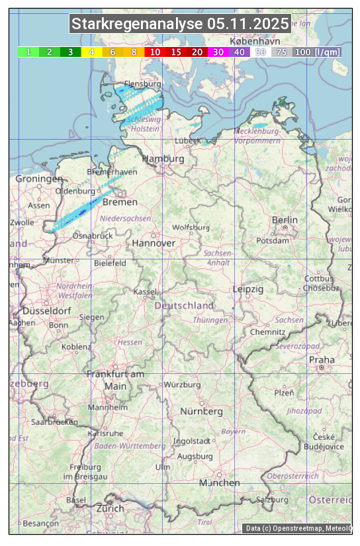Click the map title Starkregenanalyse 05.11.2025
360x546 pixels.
(180, 24)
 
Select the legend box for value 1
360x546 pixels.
(28, 52)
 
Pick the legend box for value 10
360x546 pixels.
(155, 52)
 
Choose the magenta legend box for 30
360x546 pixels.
(218, 52)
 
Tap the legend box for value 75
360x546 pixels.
(281, 52)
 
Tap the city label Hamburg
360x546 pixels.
(163, 159)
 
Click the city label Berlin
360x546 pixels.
(285, 220)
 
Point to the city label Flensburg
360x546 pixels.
(143, 85)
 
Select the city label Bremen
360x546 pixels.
(120, 202)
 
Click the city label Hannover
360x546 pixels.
(154, 243)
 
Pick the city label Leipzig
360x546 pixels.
(248, 289)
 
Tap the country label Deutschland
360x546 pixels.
(184, 306)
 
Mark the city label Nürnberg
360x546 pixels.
(202, 412)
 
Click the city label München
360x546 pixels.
(220, 483)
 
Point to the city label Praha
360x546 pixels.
(322, 359)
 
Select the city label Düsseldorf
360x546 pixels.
(47, 311)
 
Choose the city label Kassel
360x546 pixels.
(144, 291)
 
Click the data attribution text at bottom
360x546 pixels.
(298, 528)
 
